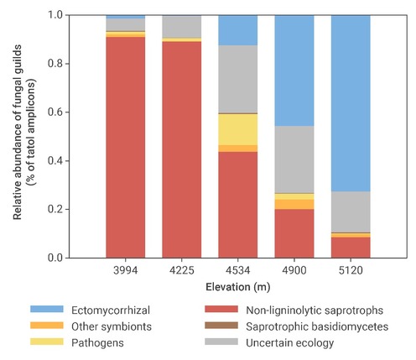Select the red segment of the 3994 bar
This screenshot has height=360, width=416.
point(125,147)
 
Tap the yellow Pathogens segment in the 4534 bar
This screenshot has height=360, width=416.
point(237,129)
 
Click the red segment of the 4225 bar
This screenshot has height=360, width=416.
point(181,149)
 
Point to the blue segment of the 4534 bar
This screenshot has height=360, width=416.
point(237,30)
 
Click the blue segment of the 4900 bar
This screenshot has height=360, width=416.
point(294,70)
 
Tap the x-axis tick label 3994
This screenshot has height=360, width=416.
point(125,271)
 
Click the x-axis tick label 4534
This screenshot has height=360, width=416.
point(237,271)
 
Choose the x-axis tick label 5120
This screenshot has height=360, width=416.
point(351,271)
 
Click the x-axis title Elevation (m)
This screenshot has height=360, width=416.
point(237,288)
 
